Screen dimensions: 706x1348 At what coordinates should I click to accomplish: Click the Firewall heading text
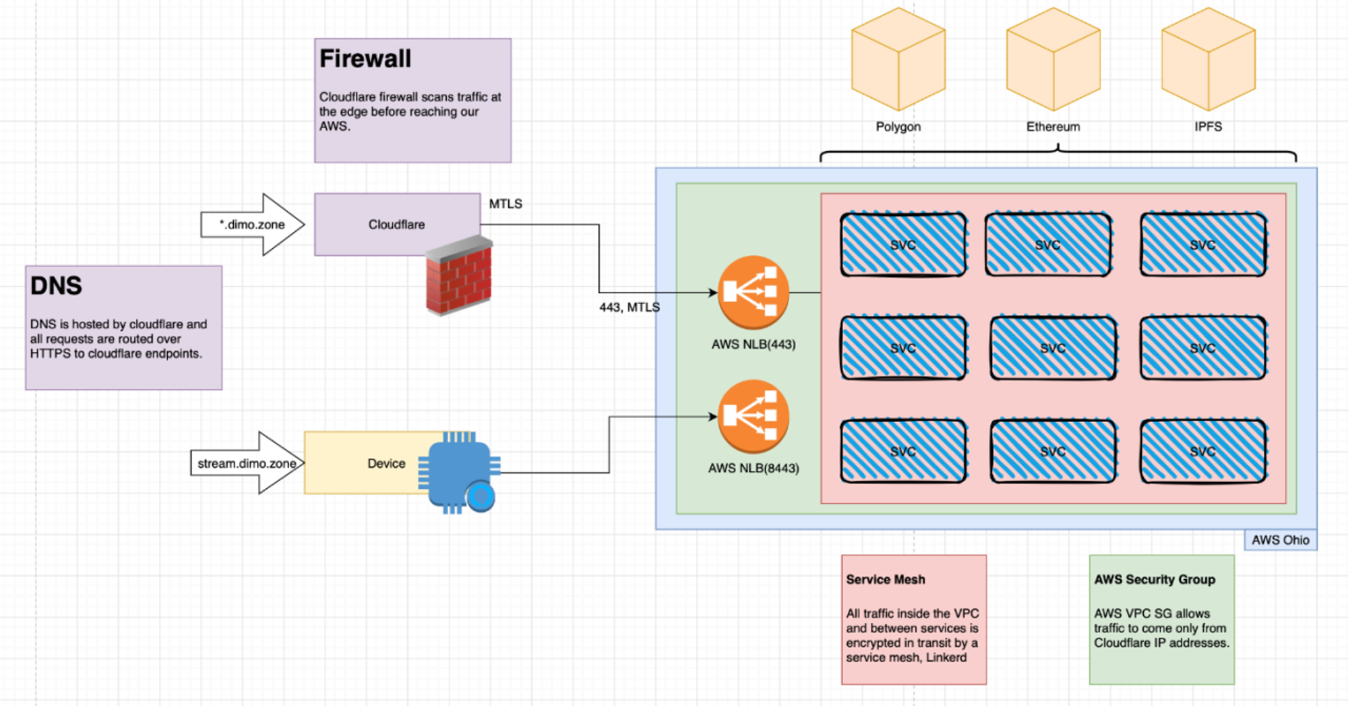(365, 59)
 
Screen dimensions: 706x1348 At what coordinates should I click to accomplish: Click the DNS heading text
(56, 286)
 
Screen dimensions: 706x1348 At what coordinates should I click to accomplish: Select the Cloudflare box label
(396, 225)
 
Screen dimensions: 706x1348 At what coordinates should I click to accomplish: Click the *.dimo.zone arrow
(253, 225)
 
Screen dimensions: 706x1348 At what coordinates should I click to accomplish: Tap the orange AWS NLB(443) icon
(753, 293)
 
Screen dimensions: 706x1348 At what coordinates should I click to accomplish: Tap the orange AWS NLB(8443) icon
(753, 416)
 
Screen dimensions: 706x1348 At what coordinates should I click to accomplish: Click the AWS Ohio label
(1280, 540)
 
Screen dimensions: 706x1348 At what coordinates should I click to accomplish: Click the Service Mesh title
(886, 579)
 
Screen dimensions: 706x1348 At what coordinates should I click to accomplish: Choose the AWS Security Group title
(1155, 579)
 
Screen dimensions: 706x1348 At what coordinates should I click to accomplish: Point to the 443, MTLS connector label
(630, 307)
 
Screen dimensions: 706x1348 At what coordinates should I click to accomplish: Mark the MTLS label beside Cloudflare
(506, 204)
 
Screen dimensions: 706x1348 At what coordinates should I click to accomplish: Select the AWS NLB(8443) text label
(753, 468)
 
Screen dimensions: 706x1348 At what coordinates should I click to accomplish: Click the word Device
(386, 464)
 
